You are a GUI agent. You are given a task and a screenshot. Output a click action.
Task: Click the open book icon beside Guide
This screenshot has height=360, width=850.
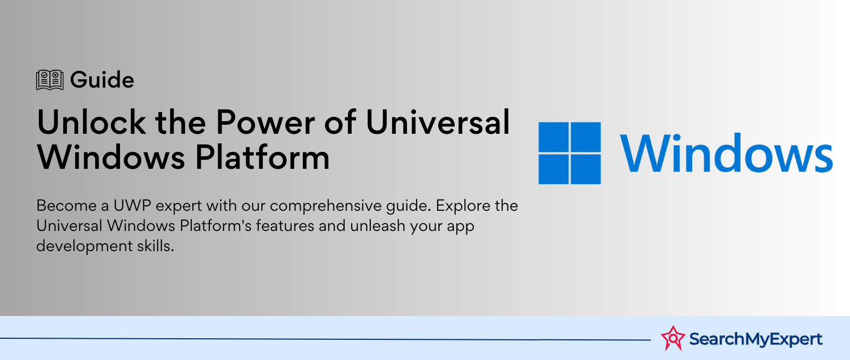tap(50, 80)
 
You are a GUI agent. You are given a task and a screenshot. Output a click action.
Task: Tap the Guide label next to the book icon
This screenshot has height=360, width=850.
tap(102, 80)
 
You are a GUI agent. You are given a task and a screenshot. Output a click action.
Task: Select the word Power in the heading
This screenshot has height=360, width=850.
tap(266, 123)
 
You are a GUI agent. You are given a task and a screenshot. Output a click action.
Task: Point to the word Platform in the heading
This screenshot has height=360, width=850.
tap(262, 158)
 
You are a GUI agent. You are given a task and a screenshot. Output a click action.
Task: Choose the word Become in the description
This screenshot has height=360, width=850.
tap(66, 205)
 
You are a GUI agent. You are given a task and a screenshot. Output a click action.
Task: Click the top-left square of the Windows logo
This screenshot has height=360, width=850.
tap(554, 138)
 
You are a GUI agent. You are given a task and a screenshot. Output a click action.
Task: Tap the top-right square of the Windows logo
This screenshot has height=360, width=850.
tap(585, 138)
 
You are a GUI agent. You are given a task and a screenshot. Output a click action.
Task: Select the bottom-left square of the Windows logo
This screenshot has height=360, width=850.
tap(554, 169)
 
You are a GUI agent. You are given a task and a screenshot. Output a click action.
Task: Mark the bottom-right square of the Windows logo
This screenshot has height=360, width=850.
tap(585, 169)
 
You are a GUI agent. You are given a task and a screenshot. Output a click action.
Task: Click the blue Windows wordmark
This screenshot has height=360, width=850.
tap(726, 153)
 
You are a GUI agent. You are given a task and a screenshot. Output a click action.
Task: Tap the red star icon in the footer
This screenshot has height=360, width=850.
tap(673, 338)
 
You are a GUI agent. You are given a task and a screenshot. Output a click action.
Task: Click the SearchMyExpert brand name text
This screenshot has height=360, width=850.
tap(755, 339)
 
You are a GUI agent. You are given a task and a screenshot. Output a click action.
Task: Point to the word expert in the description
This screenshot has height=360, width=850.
tap(178, 206)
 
